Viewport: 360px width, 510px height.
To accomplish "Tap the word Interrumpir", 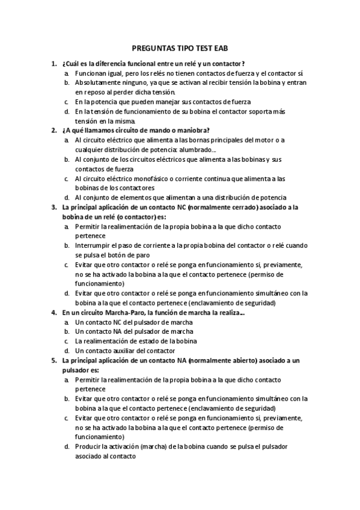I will pos(93,245).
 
